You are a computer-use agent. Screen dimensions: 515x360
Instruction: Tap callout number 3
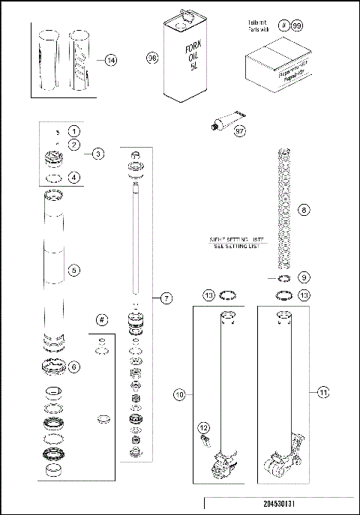[x=98, y=154]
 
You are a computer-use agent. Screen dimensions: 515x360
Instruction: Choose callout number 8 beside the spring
[x=304, y=211]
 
